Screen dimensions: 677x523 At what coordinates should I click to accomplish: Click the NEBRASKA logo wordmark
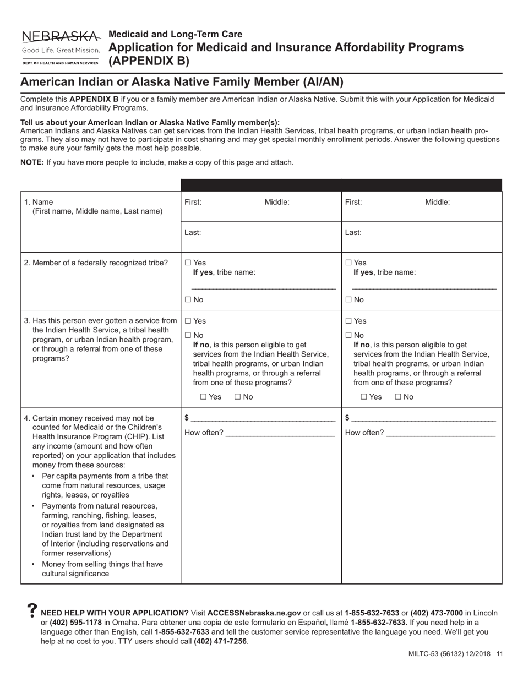(x=61, y=37)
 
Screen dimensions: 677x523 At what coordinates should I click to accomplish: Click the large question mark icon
(x=32, y=610)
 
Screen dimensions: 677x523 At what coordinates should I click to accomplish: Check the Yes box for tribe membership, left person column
(x=188, y=263)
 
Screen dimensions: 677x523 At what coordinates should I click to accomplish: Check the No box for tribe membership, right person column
(x=349, y=300)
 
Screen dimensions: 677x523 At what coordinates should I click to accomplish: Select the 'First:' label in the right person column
(x=353, y=202)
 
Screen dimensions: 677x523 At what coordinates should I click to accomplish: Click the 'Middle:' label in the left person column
(x=277, y=202)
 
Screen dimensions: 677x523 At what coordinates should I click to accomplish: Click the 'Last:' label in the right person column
(x=353, y=232)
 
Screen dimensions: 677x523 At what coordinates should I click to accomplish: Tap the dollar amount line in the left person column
(x=263, y=419)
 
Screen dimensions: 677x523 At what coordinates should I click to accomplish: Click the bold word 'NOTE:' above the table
(x=32, y=162)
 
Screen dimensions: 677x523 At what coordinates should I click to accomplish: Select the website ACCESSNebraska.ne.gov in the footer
(x=254, y=613)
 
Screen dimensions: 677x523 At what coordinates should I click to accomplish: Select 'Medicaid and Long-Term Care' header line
(x=175, y=34)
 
